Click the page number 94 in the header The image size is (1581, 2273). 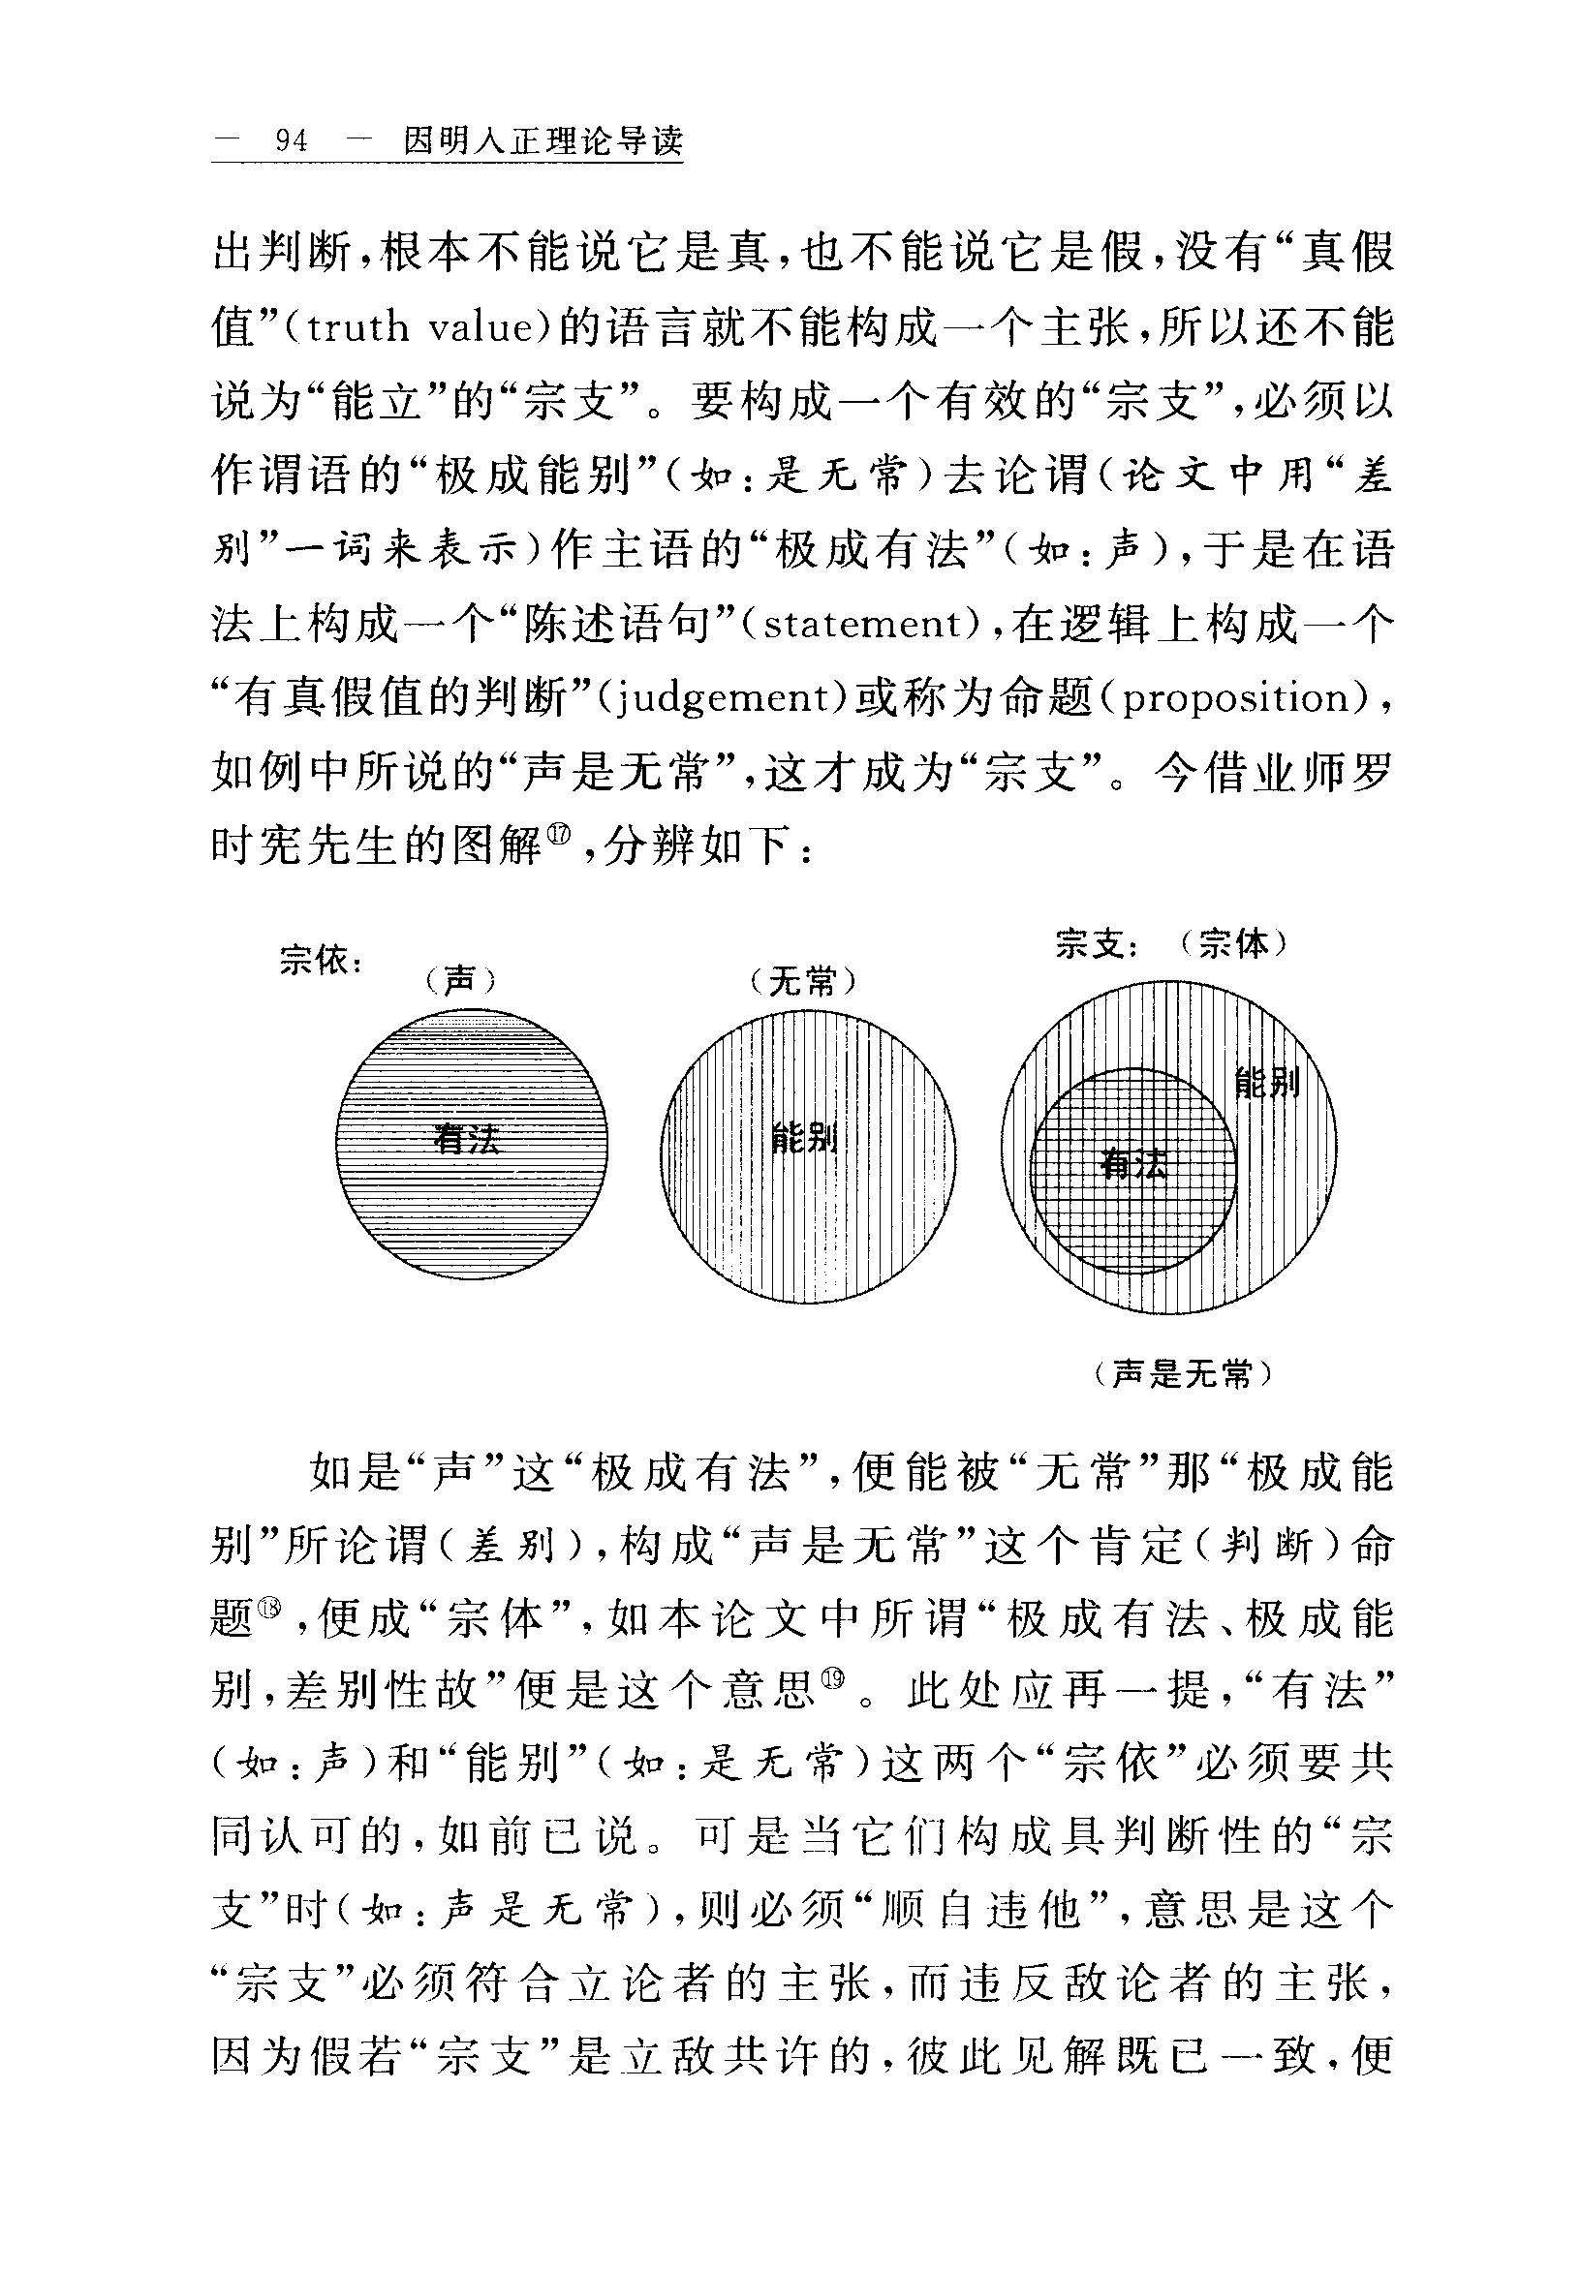[x=291, y=142]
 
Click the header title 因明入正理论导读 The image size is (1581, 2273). [x=542, y=142]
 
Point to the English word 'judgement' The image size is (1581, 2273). [x=718, y=698]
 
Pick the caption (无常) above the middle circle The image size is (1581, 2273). [x=801, y=981]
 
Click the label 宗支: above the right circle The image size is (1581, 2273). [x=1098, y=944]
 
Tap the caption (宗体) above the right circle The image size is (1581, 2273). [x=1231, y=944]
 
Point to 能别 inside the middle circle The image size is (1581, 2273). [x=805, y=1138]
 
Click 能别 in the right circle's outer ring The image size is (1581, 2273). [x=1266, y=1082]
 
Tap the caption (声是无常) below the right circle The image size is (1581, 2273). [x=1183, y=1373]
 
